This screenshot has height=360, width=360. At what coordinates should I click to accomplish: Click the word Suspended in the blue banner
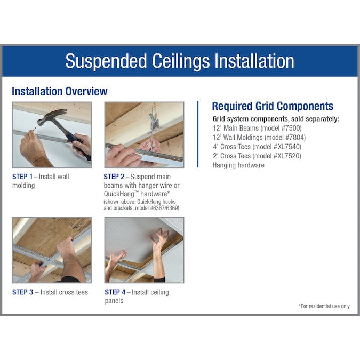pyautogui.click(x=106, y=61)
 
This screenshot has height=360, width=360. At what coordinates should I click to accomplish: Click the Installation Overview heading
pyautogui.click(x=59, y=91)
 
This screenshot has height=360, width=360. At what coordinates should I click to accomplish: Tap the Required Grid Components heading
pyautogui.click(x=273, y=106)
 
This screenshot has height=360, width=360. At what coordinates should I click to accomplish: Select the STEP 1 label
pyautogui.click(x=22, y=177)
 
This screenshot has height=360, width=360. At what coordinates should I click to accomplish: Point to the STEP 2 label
pyautogui.click(x=114, y=177)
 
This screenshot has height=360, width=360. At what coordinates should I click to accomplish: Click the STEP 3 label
pyautogui.click(x=22, y=292)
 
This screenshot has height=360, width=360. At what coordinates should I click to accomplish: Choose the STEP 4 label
pyautogui.click(x=115, y=292)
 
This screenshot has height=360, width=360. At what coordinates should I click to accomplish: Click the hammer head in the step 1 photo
pyautogui.click(x=52, y=116)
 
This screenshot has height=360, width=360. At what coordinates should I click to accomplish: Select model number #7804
pyautogui.click(x=295, y=137)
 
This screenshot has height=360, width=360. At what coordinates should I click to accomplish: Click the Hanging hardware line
pyautogui.click(x=238, y=165)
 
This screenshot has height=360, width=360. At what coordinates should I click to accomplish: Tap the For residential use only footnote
pyautogui.click(x=324, y=306)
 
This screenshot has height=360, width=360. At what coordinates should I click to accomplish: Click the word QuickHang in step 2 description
pyautogui.click(x=119, y=194)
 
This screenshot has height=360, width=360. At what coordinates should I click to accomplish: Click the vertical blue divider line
pyautogui.click(x=198, y=134)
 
